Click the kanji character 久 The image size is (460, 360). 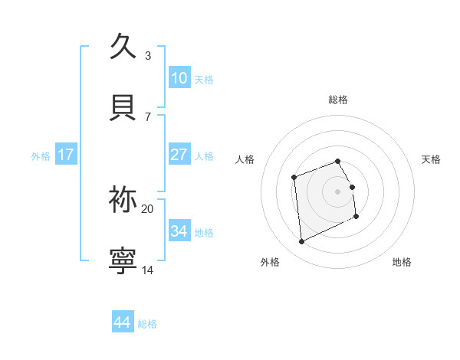(x=123, y=45)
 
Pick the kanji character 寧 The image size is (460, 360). (x=123, y=260)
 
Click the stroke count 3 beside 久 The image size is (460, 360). (x=148, y=55)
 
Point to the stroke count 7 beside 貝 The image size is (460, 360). (x=148, y=116)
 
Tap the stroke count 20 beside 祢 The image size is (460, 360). (x=148, y=208)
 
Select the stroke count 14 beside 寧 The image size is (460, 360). (x=148, y=270)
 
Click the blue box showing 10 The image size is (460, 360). (x=179, y=78)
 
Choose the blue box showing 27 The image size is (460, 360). (x=179, y=155)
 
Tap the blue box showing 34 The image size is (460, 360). (x=179, y=231)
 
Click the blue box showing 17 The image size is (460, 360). (x=66, y=155)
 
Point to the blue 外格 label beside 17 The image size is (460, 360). (x=41, y=156)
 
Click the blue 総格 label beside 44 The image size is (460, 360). (x=147, y=324)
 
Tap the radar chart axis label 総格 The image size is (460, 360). (x=338, y=100)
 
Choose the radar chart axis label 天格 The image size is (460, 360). (x=432, y=159)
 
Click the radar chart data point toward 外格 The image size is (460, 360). (x=301, y=242)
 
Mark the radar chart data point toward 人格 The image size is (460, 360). (x=294, y=178)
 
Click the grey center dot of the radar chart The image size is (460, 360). (x=338, y=191)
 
